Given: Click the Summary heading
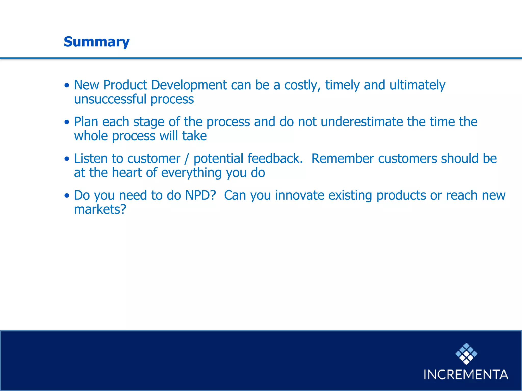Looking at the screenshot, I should coord(97,42).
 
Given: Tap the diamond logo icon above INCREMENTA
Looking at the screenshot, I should coord(466,354).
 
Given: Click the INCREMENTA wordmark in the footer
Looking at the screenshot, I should coord(466,374).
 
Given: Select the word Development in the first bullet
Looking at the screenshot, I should coord(189,85).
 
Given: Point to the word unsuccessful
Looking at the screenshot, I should coord(110,99).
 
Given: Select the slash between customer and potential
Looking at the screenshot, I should coord(187,159).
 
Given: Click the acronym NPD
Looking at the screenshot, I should coord(201,195).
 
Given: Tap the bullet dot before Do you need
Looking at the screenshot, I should coord(67,196).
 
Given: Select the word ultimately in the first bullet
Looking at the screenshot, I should coord(417,85).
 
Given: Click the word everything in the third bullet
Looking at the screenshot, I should coord(191,173).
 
